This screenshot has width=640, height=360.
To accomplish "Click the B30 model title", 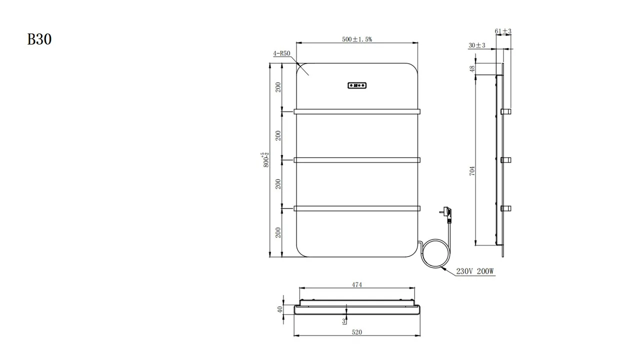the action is (x=39, y=39).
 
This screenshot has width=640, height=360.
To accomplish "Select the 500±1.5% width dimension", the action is (x=357, y=39).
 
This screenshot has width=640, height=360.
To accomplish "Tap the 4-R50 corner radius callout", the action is (x=281, y=53).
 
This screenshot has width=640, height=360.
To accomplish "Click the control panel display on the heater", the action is (x=357, y=85).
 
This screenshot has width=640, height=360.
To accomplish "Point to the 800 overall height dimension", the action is (x=265, y=159).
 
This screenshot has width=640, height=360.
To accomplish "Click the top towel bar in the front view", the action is (x=357, y=111).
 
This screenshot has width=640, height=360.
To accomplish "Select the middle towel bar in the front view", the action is (x=357, y=160).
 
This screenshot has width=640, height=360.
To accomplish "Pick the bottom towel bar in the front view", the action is (x=357, y=208).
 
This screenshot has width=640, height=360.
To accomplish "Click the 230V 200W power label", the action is (x=475, y=271).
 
